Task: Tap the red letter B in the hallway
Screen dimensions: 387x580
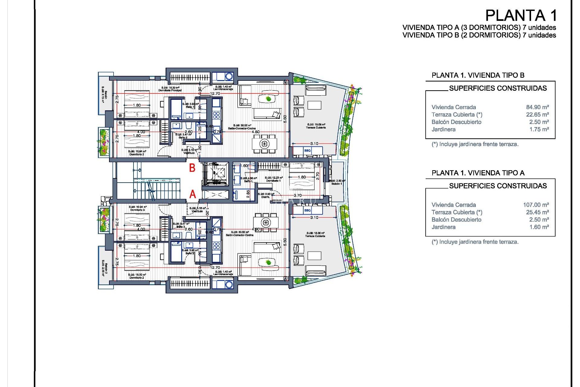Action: tap(192, 168)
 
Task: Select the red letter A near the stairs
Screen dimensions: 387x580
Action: tap(192, 194)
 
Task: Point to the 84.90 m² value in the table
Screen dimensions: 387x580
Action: tap(537, 107)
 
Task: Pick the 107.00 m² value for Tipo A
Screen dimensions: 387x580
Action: tap(536, 205)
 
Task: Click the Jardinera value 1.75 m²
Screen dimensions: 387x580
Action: tap(539, 129)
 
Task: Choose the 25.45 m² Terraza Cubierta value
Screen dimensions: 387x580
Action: tap(537, 212)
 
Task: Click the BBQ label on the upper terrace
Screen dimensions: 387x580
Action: tap(307, 151)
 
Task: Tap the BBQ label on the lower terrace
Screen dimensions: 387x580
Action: tap(307, 210)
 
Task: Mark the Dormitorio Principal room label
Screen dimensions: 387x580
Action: tap(170, 90)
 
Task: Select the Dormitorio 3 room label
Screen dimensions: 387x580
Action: tap(137, 210)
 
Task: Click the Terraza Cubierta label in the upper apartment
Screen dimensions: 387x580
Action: tap(316, 127)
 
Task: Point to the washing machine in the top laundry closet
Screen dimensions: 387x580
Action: tap(229, 76)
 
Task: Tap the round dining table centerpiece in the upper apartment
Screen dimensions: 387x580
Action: tap(264, 144)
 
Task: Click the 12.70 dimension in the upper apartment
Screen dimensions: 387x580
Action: tap(215, 93)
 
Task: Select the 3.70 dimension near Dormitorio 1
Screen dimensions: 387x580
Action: tap(298, 195)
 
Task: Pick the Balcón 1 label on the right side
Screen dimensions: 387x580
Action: tap(337, 184)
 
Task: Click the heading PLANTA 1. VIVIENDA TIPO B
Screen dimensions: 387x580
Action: tap(478, 75)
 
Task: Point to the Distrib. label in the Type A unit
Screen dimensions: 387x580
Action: tap(266, 197)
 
